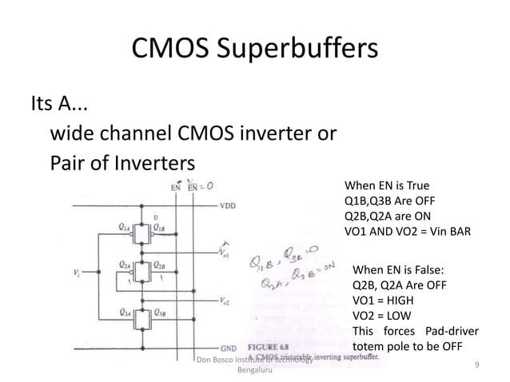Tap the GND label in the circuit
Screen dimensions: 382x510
[229, 348]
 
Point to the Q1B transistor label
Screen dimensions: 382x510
[161, 227]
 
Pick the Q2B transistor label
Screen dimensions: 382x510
[161, 263]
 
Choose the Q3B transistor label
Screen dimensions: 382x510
[161, 312]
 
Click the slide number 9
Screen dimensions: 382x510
[476, 365]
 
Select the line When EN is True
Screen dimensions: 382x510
[386, 184]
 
